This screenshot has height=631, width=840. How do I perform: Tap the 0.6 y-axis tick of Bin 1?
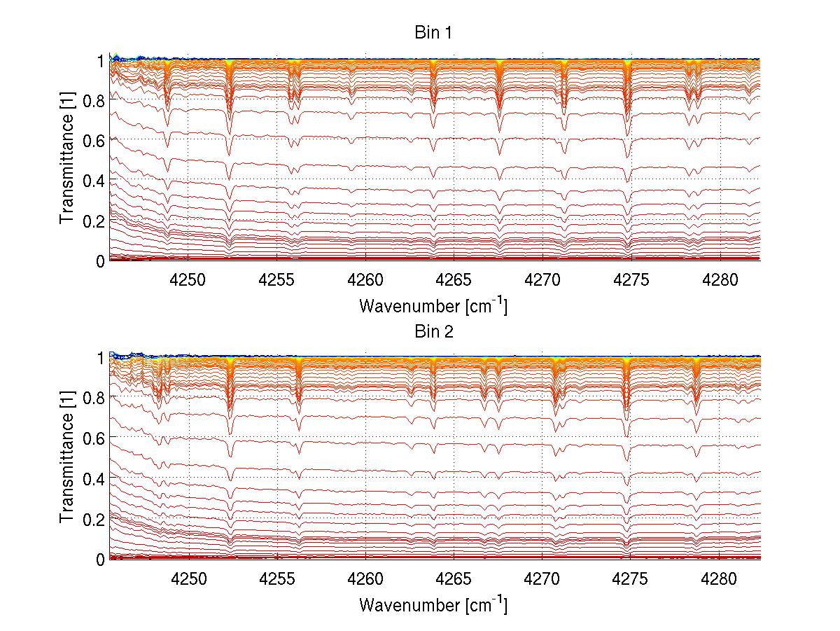(94, 140)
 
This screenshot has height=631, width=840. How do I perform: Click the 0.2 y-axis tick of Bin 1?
(94, 221)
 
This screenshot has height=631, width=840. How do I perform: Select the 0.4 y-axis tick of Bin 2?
(94, 478)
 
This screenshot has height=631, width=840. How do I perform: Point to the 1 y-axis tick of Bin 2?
(100, 358)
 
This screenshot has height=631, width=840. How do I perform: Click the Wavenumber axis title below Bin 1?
(433, 306)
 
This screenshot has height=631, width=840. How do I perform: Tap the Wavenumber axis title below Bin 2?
(433, 604)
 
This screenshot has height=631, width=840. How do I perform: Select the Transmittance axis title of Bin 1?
(67, 160)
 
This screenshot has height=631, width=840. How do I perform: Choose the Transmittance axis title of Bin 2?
(67, 458)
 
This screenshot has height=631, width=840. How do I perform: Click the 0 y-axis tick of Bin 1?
(100, 261)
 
